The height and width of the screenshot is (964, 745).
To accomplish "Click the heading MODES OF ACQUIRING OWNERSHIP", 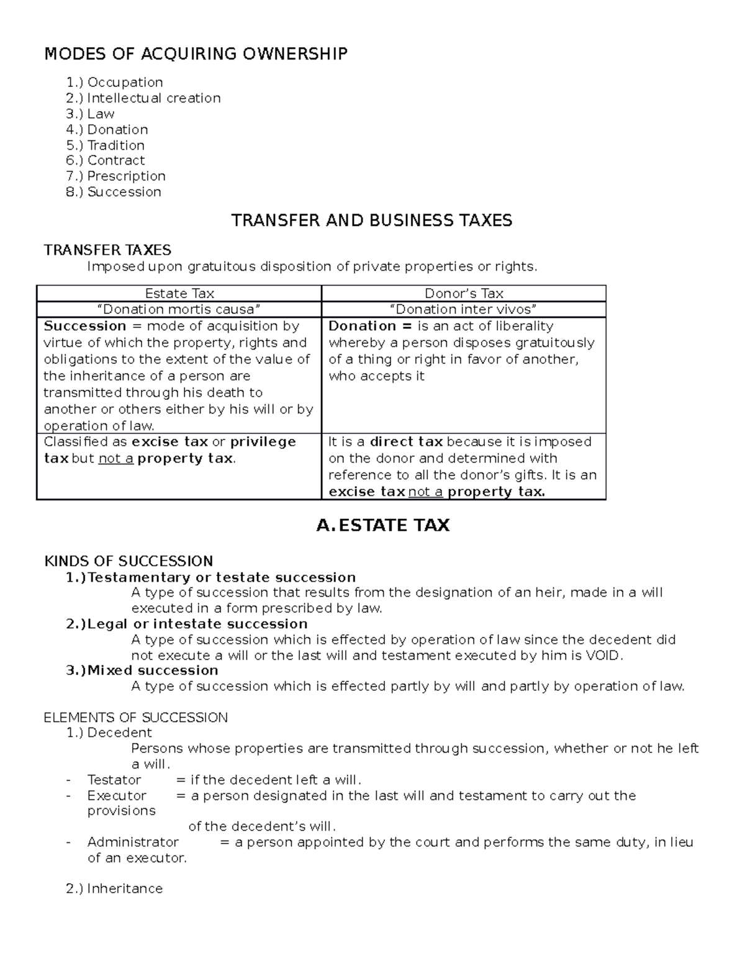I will [x=196, y=54].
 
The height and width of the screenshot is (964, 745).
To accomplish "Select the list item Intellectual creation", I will [x=153, y=98].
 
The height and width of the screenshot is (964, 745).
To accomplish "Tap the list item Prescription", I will [x=126, y=176].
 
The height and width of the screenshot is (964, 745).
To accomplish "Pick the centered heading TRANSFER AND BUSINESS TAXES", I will [x=371, y=220].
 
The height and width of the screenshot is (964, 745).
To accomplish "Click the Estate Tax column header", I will [x=179, y=294].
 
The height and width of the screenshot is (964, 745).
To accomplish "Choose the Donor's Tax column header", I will [x=464, y=294].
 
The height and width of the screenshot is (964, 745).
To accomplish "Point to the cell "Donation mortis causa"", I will [x=179, y=309].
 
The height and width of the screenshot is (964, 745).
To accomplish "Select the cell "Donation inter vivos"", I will [x=464, y=309].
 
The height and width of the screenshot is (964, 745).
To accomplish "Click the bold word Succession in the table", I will [x=85, y=326].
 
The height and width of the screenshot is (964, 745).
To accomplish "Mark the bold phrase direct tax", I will [x=406, y=442].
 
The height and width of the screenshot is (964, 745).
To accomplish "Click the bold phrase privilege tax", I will [x=263, y=442].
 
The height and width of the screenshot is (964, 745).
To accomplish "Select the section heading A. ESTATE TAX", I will [x=382, y=526].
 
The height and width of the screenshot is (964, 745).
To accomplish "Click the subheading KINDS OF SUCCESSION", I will [x=129, y=561].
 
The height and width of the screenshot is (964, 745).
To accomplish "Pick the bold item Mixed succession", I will [x=153, y=670].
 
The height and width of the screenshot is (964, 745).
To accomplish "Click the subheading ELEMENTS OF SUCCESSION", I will [x=135, y=718].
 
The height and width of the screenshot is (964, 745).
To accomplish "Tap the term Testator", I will [x=114, y=780].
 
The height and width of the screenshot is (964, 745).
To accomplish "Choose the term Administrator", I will [x=133, y=842].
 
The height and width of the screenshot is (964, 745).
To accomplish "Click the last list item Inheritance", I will [x=125, y=889].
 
